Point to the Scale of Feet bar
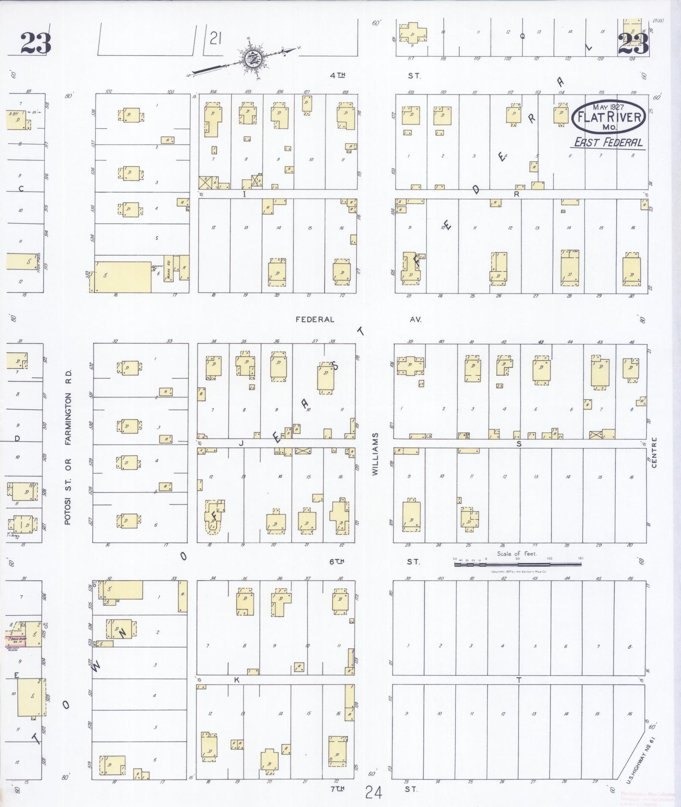point(518,564)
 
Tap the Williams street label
point(375,454)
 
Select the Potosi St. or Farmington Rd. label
point(68,447)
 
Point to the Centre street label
point(655,453)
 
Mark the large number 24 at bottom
point(374,793)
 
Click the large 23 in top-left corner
point(36,43)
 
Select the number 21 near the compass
point(215,39)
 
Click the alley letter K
point(237,680)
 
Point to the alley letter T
point(519,680)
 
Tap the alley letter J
point(241,443)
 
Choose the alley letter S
point(519,443)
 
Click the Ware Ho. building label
point(168,268)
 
